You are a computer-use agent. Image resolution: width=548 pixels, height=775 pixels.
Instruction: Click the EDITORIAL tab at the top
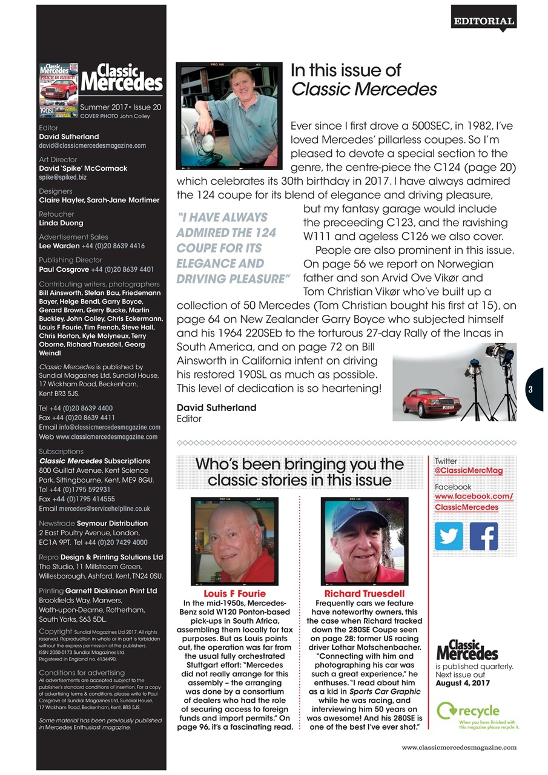point(484,21)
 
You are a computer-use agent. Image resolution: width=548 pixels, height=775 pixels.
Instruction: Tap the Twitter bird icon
point(449,536)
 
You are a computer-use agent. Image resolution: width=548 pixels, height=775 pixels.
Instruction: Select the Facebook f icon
point(484,536)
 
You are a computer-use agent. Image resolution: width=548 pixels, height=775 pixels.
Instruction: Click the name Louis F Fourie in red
point(234,593)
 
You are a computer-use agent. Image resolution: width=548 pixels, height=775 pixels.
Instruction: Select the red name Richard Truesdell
point(364,593)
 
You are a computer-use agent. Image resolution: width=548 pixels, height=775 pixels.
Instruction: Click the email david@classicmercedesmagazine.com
point(92,146)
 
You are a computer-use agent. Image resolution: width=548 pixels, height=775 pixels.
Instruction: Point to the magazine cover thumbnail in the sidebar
point(59,90)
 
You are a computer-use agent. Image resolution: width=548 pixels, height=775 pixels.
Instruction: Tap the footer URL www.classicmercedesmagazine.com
point(459,747)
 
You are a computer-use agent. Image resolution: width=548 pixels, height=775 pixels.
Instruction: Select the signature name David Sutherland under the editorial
point(216,407)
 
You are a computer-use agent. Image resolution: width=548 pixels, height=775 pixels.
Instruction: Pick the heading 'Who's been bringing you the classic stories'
point(299,472)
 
